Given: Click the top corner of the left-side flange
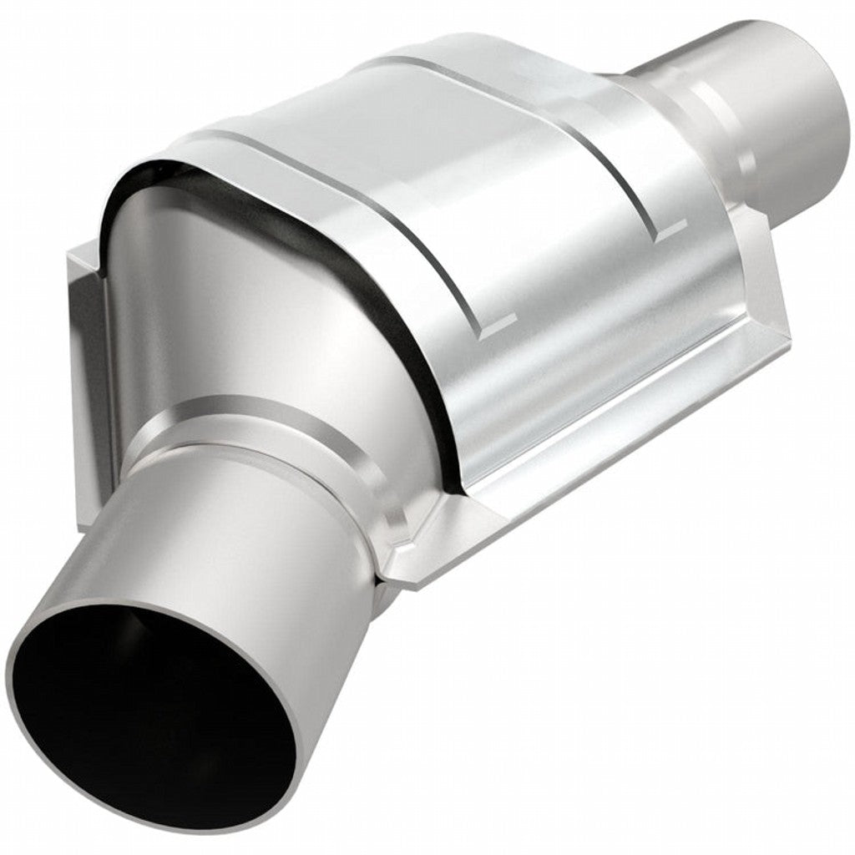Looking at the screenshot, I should [79, 250].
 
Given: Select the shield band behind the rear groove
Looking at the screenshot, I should [668, 150].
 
